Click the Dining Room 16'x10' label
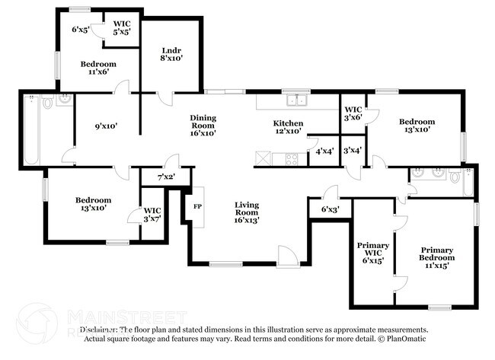(x=203, y=123)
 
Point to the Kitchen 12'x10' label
(x=289, y=127)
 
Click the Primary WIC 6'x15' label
(x=373, y=253)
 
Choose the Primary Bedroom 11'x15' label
(x=436, y=257)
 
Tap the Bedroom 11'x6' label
(x=98, y=69)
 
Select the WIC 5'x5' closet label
(x=121, y=27)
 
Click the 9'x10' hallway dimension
(x=106, y=126)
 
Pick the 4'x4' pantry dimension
(x=324, y=151)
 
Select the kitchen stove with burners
(x=290, y=159)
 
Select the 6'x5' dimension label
(x=81, y=30)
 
